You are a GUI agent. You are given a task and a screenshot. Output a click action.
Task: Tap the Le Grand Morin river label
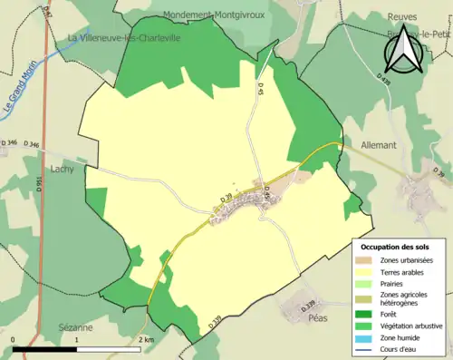pos(20,93)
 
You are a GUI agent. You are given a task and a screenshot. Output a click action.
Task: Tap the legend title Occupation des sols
pos(395,247)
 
